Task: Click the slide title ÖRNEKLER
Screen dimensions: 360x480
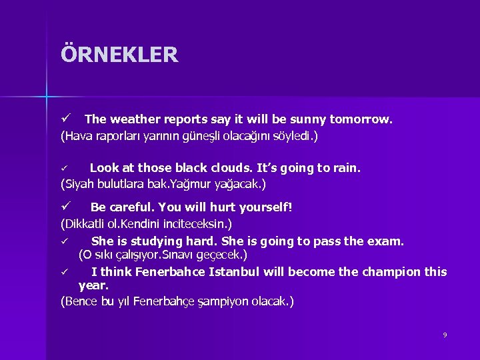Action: (x=119, y=54)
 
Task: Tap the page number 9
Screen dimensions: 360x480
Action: (x=445, y=335)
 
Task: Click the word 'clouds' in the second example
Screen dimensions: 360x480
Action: (x=231, y=168)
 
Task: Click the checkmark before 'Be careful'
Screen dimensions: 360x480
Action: (x=66, y=207)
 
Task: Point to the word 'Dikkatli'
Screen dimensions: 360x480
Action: (x=86, y=223)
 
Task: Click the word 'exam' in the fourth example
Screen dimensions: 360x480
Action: (x=387, y=241)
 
